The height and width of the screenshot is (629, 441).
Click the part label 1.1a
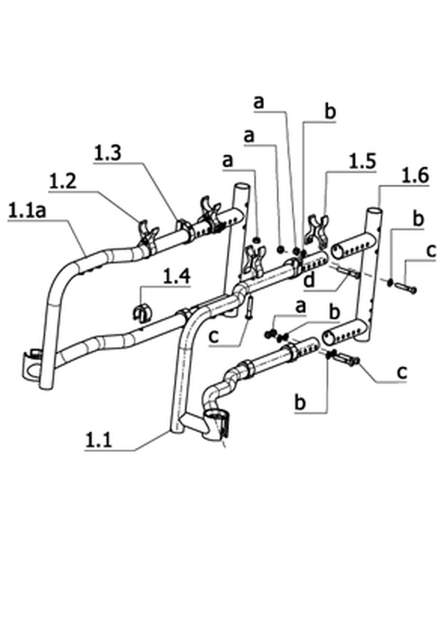(27, 211)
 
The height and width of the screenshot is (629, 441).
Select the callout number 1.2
(63, 181)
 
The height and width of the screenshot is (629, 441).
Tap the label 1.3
(108, 153)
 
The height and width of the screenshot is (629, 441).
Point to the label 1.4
(177, 276)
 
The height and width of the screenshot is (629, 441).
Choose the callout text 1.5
(362, 161)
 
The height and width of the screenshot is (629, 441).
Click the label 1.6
(415, 175)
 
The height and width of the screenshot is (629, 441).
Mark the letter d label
(310, 280)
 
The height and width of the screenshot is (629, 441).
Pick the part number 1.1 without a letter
(99, 440)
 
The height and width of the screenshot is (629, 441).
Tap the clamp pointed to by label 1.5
(318, 230)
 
